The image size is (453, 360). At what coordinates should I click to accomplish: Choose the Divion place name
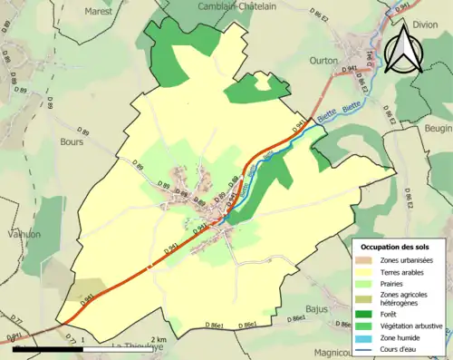pos(437,24)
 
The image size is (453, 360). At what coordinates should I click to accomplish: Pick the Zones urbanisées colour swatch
pos(365,260)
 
